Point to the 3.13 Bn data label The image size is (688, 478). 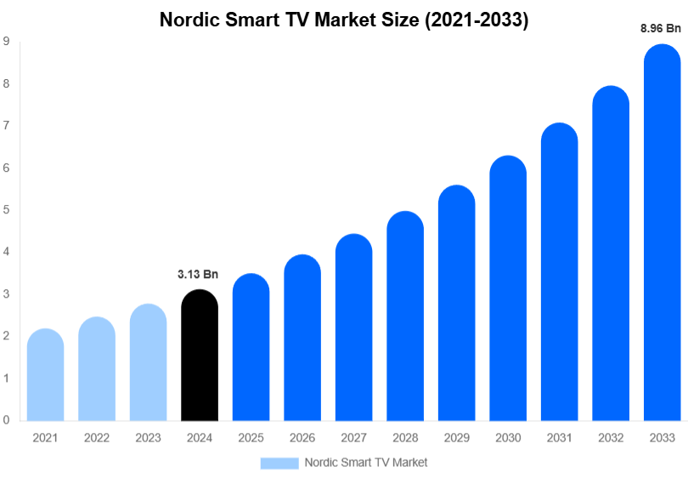[198, 275]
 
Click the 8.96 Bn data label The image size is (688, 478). [661, 28]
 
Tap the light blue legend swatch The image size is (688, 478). [279, 463]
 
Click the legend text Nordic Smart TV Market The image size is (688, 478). [365, 463]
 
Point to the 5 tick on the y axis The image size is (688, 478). [6, 209]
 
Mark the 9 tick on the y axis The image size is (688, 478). [6, 41]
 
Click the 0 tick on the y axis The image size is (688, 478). [6, 420]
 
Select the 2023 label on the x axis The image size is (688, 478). [148, 437]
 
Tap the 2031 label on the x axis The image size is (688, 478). [559, 437]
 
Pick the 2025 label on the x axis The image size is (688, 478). [251, 437]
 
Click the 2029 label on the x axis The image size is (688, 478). [456, 437]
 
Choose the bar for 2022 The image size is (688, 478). [97, 369]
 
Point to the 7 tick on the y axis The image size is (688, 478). [6, 125]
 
